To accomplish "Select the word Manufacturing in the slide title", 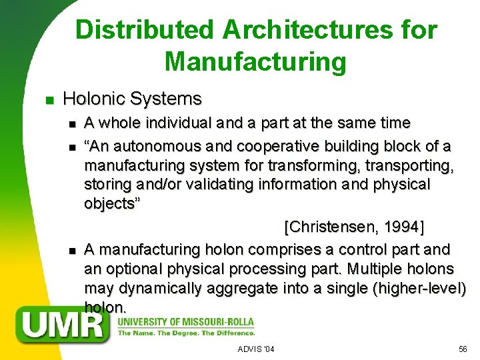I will point(255,62).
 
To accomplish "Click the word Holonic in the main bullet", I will point(94,99).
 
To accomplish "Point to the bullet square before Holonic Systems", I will point(48,101).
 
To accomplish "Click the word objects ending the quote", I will point(111,203).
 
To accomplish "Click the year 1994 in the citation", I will point(401,227).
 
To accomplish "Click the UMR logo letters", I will point(65,325).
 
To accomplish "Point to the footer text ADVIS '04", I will point(256,349).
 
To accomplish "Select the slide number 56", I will point(463,349).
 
